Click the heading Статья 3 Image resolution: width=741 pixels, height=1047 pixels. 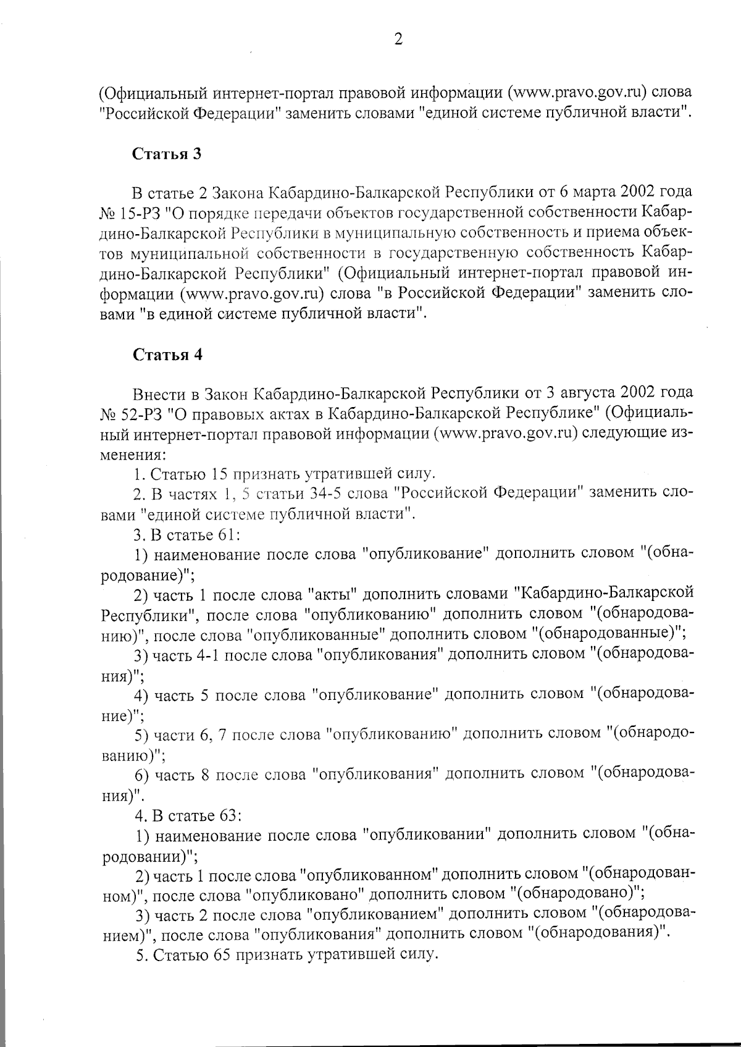tap(167, 154)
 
